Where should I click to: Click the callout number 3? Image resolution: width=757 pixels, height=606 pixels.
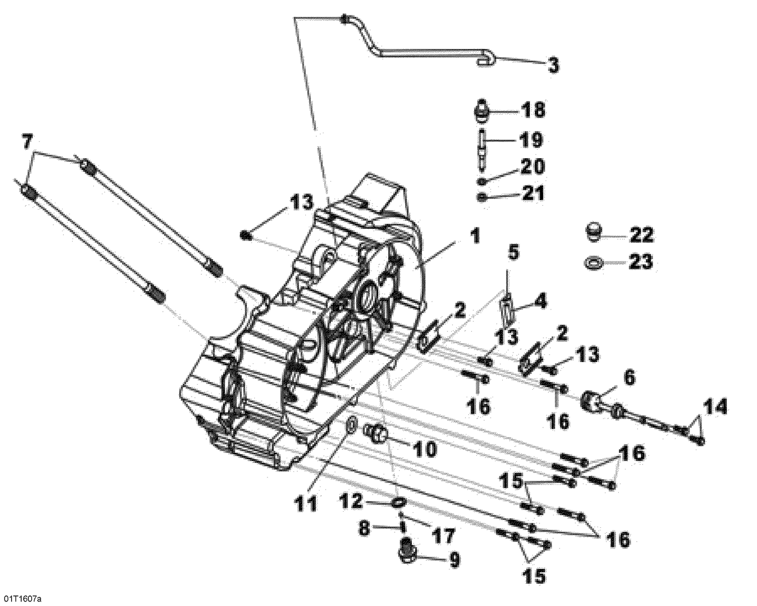(x=553, y=65)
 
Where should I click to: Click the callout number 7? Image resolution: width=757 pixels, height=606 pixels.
(x=29, y=143)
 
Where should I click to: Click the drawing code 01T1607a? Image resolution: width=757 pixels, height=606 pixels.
(x=21, y=599)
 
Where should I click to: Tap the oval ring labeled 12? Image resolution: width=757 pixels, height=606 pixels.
(x=399, y=503)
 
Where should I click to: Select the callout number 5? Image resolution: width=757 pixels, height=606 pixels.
(x=512, y=252)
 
